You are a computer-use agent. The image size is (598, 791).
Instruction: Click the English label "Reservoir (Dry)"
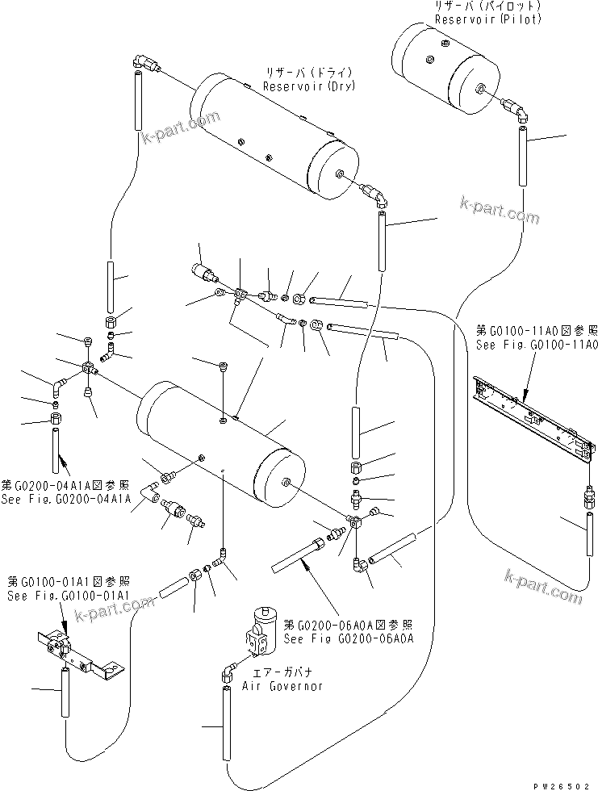point(310,86)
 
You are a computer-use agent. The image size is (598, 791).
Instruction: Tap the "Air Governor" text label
point(282,685)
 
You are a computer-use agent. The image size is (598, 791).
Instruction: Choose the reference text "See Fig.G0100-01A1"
point(68,596)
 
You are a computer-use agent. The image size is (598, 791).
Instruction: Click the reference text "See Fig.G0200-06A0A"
point(350,638)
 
